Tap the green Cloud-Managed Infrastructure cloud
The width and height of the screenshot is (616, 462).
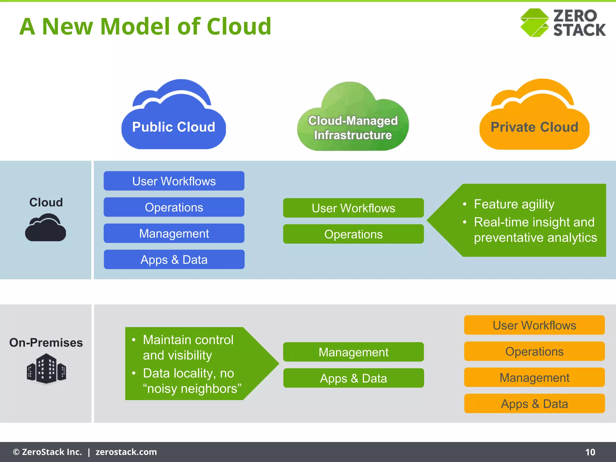[353, 120]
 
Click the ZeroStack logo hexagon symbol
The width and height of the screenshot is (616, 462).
[534, 23]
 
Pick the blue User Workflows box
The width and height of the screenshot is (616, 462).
[174, 181]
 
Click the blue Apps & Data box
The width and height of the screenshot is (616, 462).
[174, 260]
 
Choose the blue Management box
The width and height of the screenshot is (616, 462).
[174, 233]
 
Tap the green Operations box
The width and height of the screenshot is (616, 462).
[353, 234]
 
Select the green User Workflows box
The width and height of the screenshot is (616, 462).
[353, 208]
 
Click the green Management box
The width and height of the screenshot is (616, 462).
[353, 352]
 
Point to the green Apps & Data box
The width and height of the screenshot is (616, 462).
[353, 378]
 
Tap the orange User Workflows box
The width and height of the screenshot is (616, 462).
[534, 325]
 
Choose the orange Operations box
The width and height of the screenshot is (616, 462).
[534, 351]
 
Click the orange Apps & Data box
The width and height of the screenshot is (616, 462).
[534, 404]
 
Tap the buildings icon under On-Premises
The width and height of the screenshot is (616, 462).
[46, 369]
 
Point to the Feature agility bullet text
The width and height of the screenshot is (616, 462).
[514, 204]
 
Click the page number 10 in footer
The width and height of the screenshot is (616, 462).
[590, 452]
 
